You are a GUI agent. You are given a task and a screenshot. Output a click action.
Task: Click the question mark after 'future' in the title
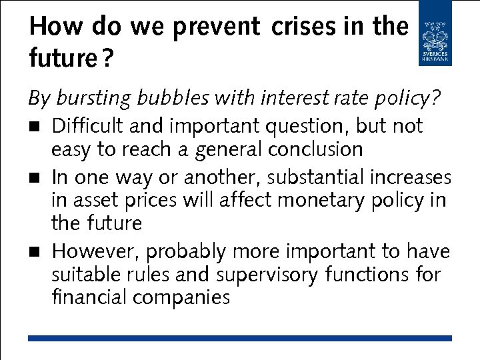[x=107, y=59]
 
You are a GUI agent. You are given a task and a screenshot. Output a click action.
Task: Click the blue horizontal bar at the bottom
[x=240, y=339]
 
